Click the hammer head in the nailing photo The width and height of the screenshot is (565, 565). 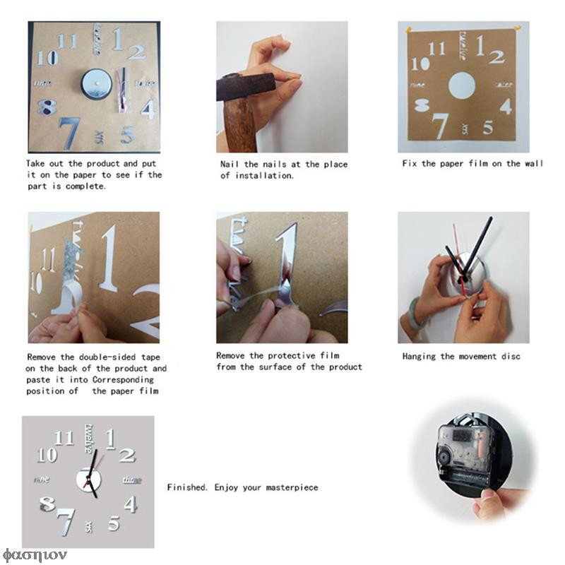pyautogui.click(x=244, y=86)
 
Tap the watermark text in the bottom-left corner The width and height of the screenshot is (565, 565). pyautogui.click(x=25, y=553)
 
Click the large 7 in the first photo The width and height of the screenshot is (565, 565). pyautogui.click(x=69, y=131)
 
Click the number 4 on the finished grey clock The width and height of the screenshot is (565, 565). pyautogui.click(x=130, y=504)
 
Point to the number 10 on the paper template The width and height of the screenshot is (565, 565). pyautogui.click(x=419, y=64)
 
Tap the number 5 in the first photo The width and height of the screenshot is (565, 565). pyautogui.click(x=126, y=134)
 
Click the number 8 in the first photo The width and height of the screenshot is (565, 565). pyautogui.click(x=47, y=107)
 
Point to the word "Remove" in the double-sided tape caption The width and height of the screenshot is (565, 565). pyautogui.click(x=42, y=357)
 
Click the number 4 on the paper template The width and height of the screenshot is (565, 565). pyautogui.click(x=506, y=107)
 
